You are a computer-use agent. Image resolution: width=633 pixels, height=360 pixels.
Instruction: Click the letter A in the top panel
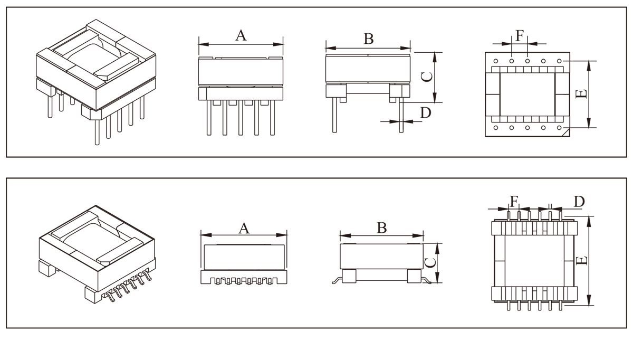pyautogui.click(x=241, y=35)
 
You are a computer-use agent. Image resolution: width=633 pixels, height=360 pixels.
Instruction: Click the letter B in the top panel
pyautogui.click(x=369, y=39)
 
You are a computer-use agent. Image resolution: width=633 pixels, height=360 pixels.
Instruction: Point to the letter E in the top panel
pyautogui.click(x=580, y=94)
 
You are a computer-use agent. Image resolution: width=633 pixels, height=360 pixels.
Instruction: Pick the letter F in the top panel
pyautogui.click(x=520, y=35)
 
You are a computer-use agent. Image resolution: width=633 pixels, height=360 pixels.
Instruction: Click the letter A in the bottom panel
pyautogui.click(x=244, y=228)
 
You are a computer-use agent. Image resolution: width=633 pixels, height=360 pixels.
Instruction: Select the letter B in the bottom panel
pyautogui.click(x=382, y=228)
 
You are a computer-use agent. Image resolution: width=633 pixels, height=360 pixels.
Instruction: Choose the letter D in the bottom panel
pyautogui.click(x=579, y=201)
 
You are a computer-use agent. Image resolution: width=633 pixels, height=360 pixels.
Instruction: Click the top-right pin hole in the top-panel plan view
pyautogui.click(x=565, y=61)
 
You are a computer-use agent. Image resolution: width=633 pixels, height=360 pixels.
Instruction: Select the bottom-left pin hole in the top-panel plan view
pyautogui.click(x=495, y=128)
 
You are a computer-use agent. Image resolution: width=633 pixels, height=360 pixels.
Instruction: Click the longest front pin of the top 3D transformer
pyautogui.click(x=97, y=132)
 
